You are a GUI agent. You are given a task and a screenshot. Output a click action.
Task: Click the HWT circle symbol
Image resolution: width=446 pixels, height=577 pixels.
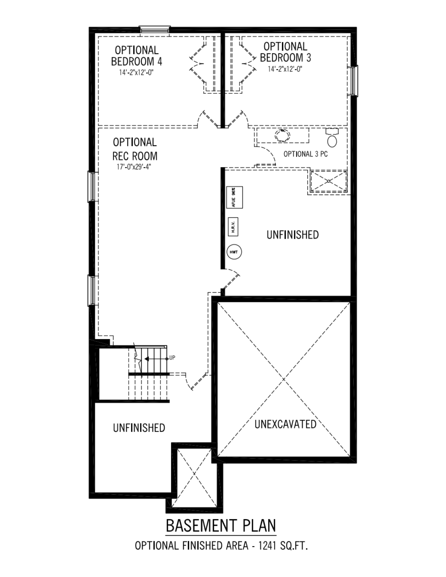234,252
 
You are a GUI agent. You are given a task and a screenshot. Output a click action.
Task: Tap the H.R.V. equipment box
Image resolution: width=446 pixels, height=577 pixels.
233,227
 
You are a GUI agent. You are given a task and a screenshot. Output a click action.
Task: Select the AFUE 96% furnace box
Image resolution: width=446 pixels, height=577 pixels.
235,197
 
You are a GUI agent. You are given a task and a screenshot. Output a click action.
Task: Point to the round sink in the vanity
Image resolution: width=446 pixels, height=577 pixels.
282,135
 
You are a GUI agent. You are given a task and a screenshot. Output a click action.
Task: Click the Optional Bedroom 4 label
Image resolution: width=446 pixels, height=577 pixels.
137,56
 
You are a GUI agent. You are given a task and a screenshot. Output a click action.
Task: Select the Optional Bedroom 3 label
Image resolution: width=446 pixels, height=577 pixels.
285,52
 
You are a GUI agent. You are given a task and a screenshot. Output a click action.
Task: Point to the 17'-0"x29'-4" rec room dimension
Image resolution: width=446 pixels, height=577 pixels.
134,167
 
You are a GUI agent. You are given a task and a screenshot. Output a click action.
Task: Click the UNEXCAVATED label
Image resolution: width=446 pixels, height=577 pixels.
285,424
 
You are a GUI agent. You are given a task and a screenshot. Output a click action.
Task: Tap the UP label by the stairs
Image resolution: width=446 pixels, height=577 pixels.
172,358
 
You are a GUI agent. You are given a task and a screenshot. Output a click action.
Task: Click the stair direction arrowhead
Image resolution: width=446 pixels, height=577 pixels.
146,359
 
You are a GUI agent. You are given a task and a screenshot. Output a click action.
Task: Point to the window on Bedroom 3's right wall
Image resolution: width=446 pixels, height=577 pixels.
354,80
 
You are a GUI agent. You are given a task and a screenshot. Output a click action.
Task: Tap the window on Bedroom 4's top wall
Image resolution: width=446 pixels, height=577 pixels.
154,29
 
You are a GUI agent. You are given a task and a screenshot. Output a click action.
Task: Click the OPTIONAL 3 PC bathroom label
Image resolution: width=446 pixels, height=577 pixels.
305,154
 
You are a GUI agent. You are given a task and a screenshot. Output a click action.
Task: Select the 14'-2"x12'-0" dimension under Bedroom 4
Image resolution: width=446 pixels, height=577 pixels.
136,73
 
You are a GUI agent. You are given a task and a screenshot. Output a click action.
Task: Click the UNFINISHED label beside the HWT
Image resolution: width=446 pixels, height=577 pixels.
292,235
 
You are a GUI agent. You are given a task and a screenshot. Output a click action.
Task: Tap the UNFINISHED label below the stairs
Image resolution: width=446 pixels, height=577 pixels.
139,428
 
